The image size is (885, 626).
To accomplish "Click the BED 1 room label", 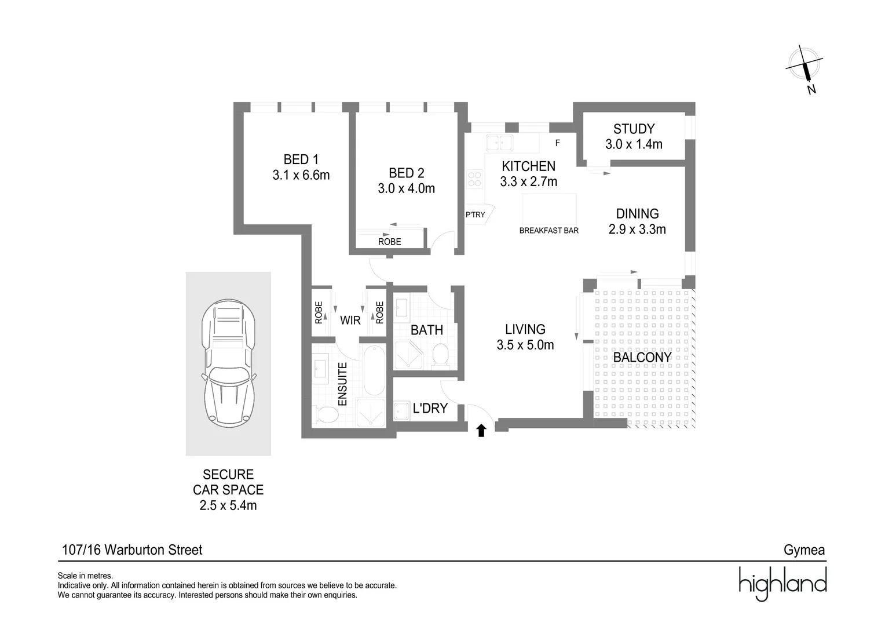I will (301, 159).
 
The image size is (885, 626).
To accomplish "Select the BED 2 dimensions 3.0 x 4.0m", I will (406, 188).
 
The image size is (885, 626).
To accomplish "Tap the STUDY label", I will (634, 129).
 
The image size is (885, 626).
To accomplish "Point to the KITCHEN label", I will (528, 166).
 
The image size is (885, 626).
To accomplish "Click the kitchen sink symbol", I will (499, 143).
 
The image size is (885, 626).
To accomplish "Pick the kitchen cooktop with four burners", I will (475, 179).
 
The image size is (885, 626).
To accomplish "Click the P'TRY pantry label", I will (476, 215).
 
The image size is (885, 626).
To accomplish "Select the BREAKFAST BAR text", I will (548, 231).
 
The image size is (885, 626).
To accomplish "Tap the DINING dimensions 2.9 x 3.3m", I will (637, 230).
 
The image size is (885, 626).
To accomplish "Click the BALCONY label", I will (642, 358).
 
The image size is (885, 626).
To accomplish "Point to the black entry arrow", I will (481, 430).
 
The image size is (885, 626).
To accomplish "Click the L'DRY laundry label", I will (430, 409).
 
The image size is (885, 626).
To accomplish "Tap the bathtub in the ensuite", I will (374, 370).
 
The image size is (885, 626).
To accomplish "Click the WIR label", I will (350, 321).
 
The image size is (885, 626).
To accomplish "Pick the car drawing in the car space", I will (228, 363).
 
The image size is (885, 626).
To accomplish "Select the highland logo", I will (782, 583).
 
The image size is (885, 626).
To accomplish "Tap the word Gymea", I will (804, 550).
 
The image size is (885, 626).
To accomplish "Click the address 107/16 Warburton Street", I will (132, 550).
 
